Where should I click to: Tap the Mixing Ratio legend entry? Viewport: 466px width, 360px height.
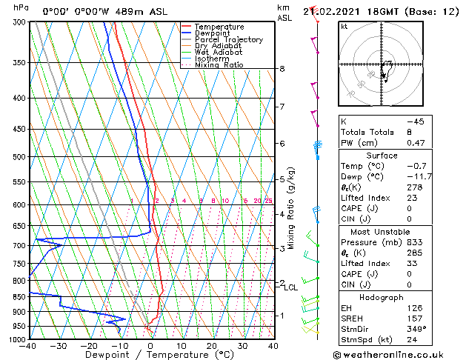point(219,65)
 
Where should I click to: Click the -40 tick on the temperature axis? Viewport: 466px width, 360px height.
point(29,346)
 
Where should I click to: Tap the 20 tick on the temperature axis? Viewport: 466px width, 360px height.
point(212,346)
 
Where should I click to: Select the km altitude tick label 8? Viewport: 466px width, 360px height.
point(282,69)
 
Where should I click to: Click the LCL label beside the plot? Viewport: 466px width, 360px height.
point(290,287)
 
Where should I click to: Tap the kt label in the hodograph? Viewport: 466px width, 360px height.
point(344,26)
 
